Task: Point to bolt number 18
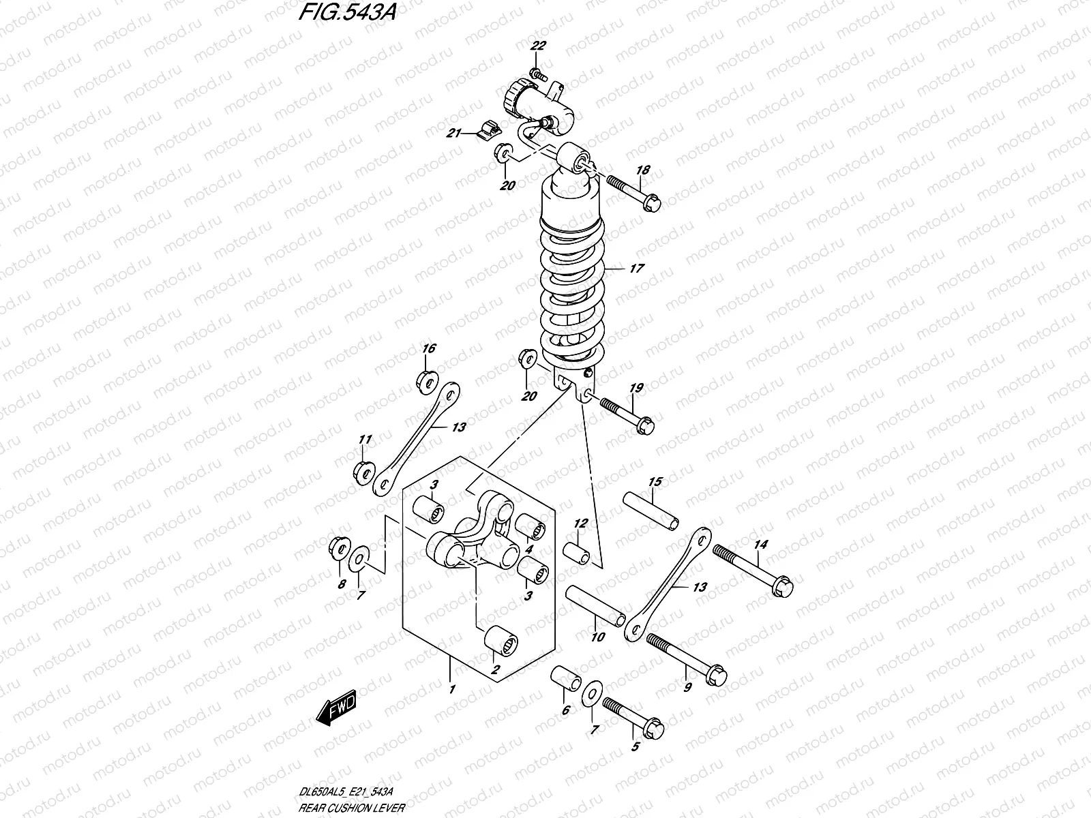point(632,192)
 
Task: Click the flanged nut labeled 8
point(338,549)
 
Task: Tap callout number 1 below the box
point(451,689)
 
